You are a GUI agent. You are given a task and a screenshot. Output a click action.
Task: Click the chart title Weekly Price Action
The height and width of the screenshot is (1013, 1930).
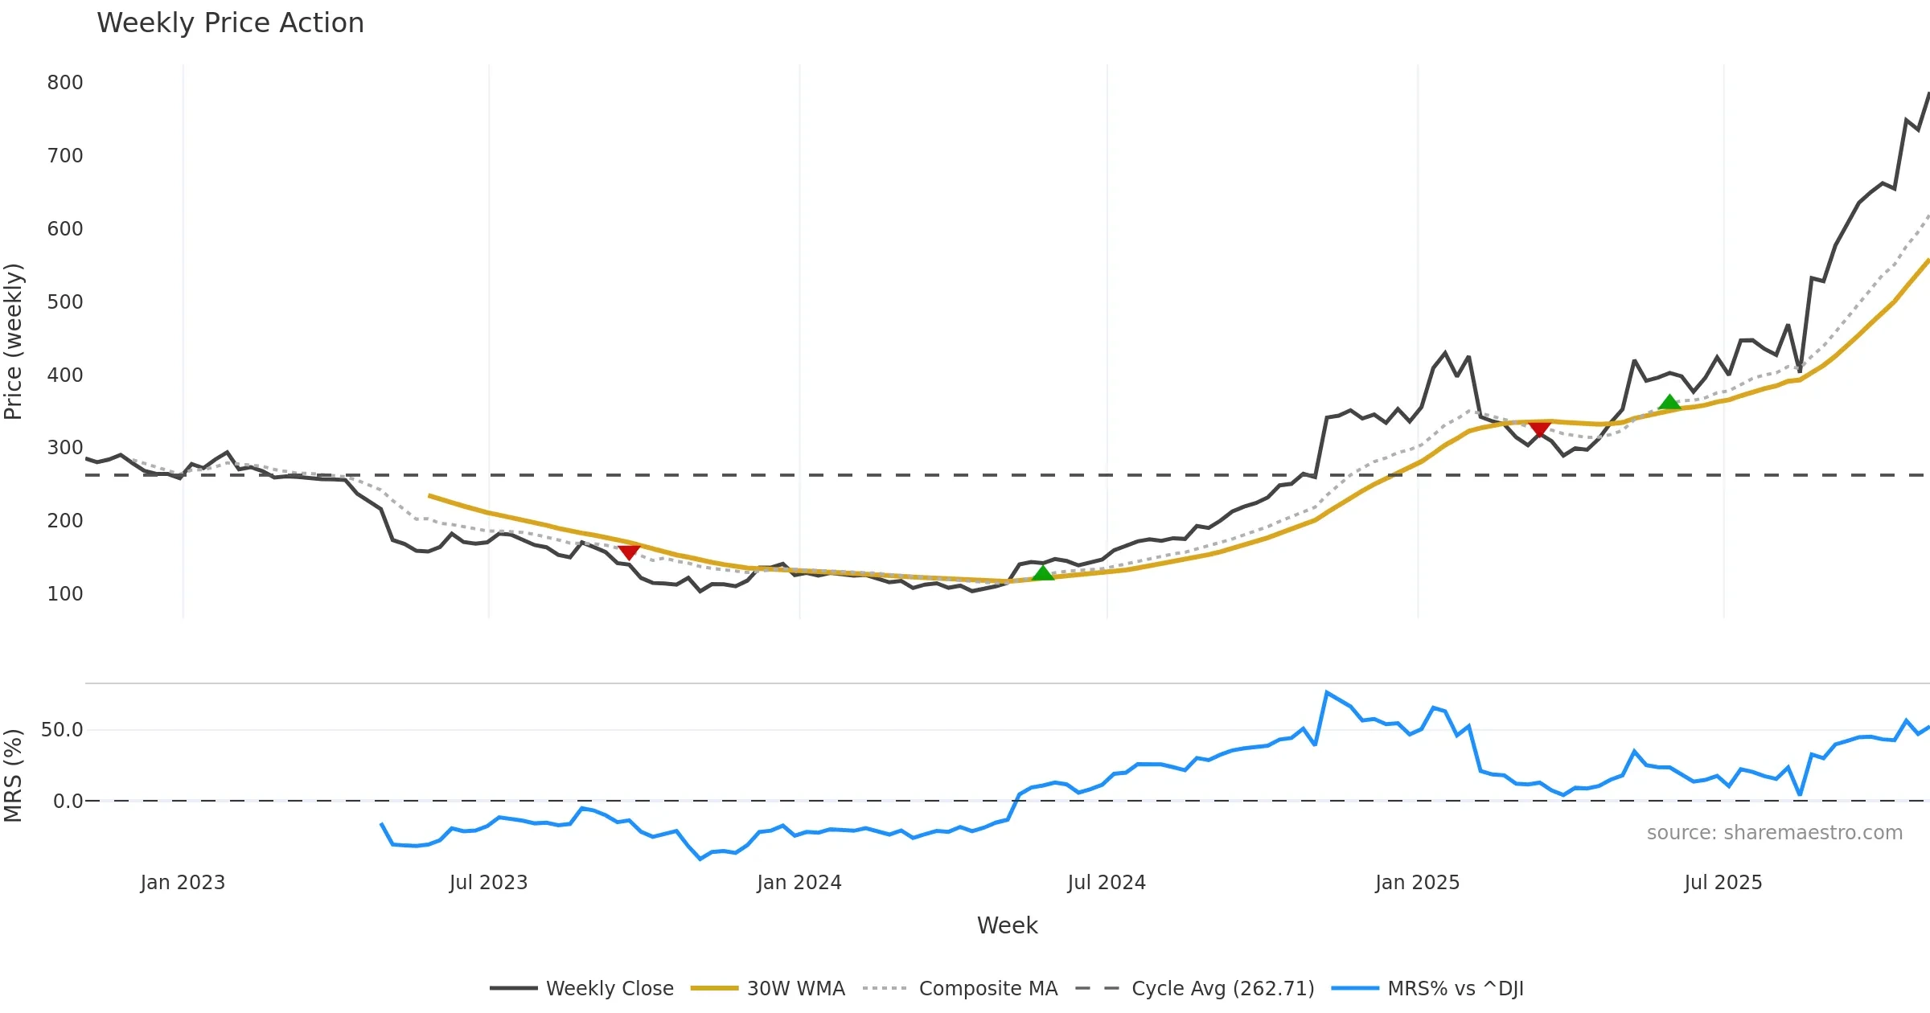[x=230, y=23]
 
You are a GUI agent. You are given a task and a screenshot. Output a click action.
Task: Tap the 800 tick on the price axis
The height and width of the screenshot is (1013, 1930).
[x=65, y=83]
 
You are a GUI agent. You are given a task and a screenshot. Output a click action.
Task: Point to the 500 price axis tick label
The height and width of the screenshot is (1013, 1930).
[x=65, y=302]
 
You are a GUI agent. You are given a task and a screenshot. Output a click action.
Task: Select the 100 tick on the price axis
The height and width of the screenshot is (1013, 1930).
[x=65, y=594]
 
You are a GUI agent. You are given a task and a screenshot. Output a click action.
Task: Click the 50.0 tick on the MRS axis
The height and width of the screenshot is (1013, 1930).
[x=62, y=730]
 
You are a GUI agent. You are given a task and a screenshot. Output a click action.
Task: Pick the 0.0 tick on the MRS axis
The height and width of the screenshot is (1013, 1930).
[x=68, y=802]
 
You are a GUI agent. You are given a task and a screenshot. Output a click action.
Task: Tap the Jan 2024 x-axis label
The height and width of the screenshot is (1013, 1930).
[x=799, y=883]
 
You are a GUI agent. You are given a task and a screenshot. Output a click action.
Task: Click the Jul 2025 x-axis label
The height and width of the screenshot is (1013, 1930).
[x=1723, y=883]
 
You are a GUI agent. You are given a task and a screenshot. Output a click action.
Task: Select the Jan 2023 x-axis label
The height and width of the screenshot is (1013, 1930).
[x=183, y=883]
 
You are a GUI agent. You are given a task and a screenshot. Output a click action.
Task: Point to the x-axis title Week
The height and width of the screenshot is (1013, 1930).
[x=1007, y=926]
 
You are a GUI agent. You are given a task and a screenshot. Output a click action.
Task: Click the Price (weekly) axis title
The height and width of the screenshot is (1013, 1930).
[x=14, y=342]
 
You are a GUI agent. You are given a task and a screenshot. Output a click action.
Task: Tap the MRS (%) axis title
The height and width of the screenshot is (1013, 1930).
[x=14, y=776]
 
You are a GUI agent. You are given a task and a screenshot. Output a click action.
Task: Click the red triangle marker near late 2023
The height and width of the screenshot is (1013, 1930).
[x=629, y=552]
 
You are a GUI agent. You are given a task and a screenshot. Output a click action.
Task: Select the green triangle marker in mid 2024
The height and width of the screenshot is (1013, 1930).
[x=1042, y=573]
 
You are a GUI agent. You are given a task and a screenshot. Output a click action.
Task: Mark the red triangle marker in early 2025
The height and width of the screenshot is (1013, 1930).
[x=1539, y=429]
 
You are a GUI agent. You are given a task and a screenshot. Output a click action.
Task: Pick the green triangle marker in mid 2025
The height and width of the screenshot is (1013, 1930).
[x=1669, y=402]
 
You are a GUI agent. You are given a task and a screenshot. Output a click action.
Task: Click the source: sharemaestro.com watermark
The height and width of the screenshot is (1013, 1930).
[x=1774, y=833]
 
